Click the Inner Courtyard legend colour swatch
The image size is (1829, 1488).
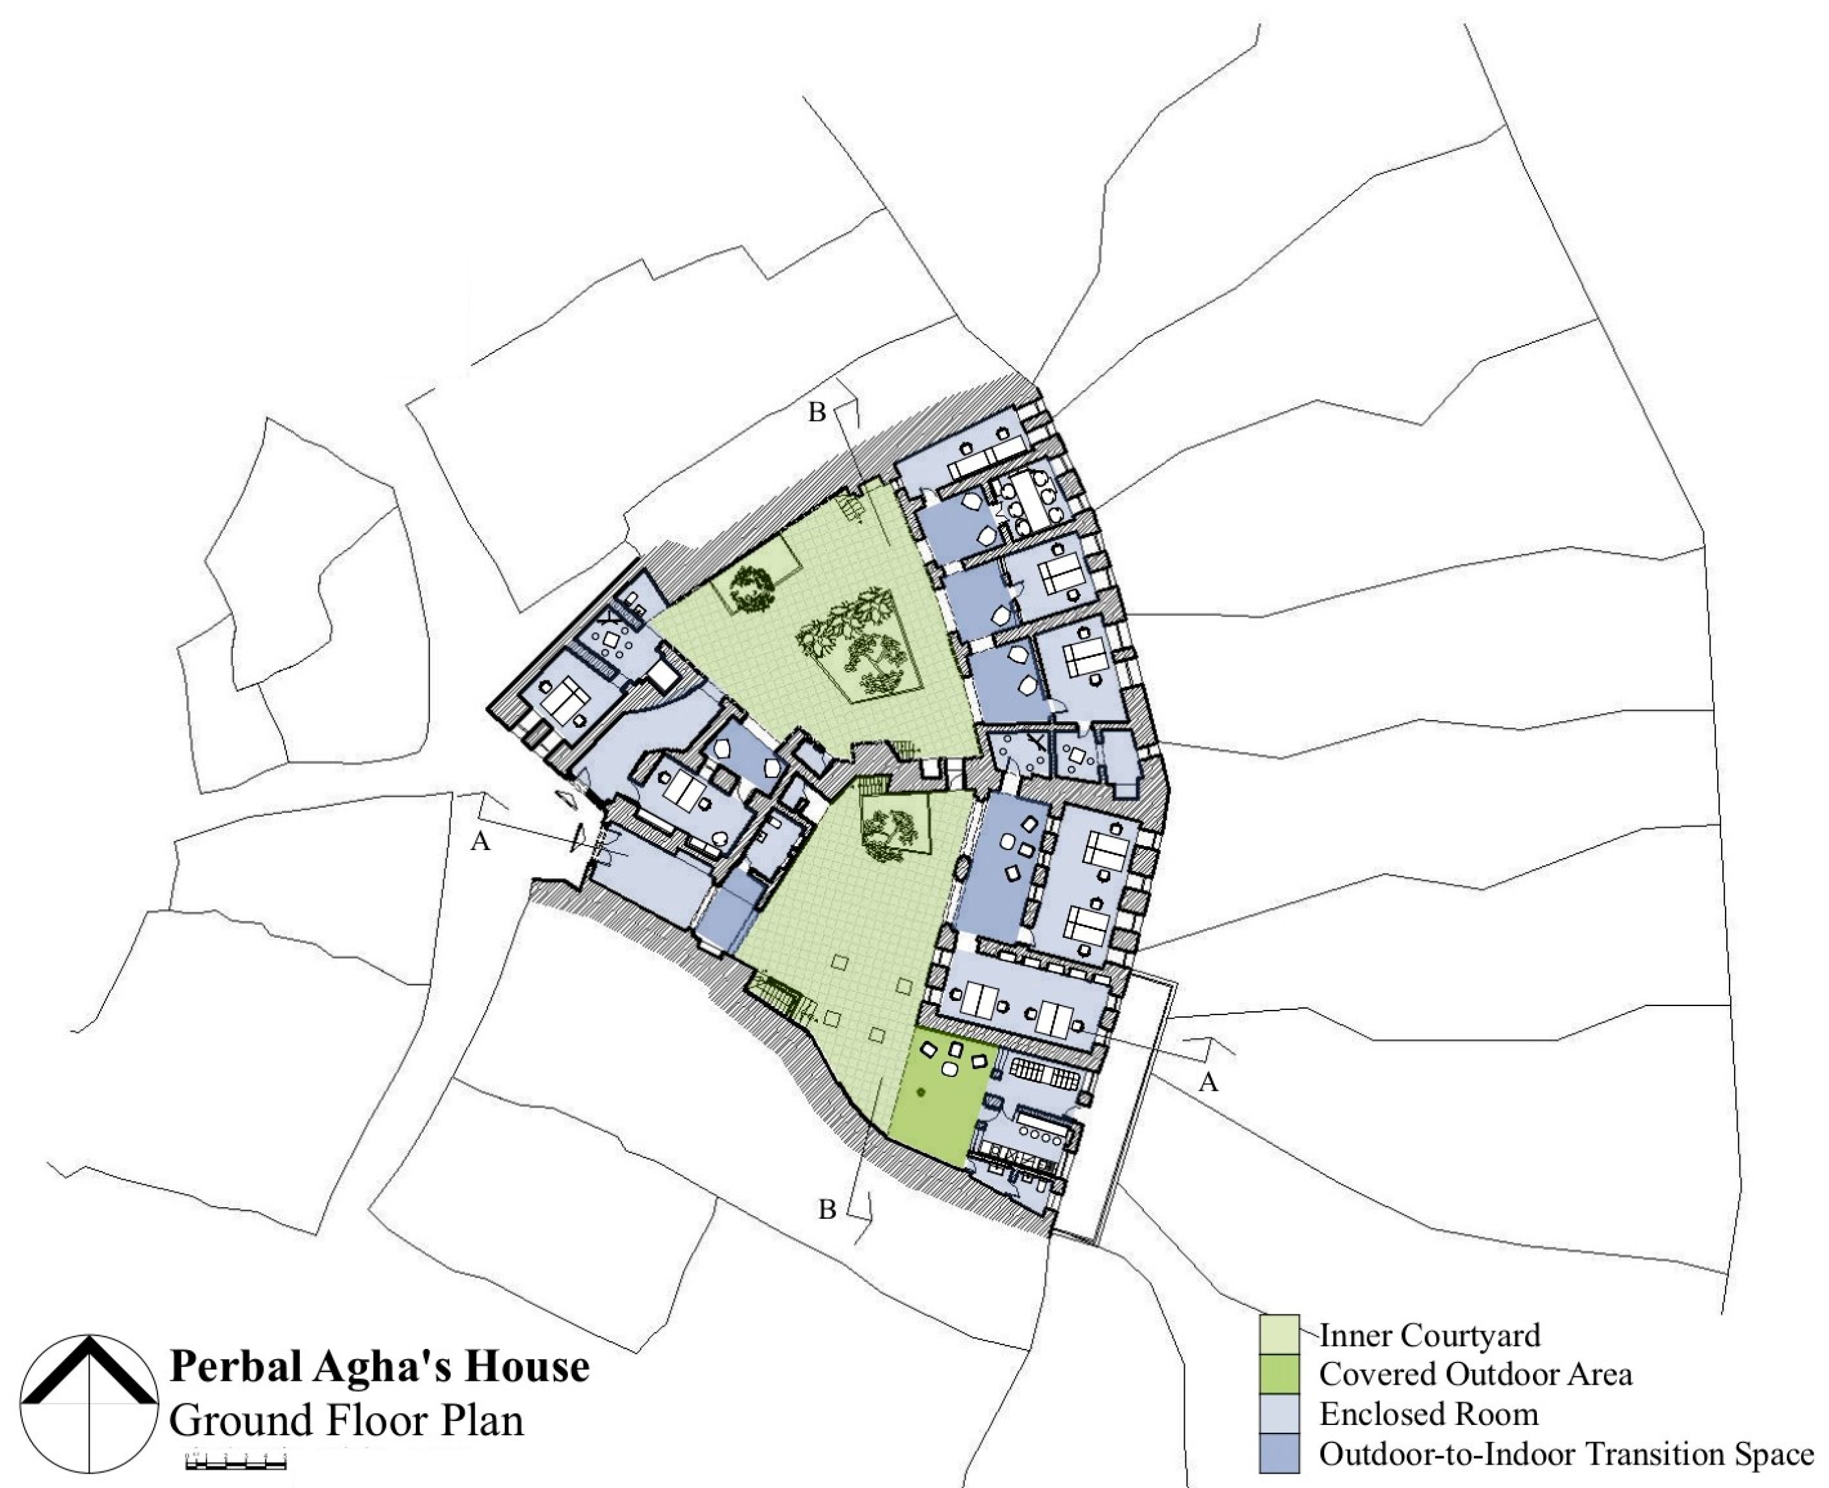(x=1279, y=1334)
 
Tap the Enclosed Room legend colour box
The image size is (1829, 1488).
(x=1279, y=1413)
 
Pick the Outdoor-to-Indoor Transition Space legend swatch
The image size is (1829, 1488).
(x=1279, y=1452)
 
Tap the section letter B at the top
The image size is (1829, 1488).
(x=817, y=413)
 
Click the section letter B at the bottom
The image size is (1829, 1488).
(x=826, y=1210)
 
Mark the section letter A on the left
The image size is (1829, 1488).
(x=480, y=843)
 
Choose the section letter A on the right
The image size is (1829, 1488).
(x=1208, y=1083)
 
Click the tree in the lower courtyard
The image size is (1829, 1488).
(x=887, y=833)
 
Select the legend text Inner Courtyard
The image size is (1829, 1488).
(x=1429, y=1335)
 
